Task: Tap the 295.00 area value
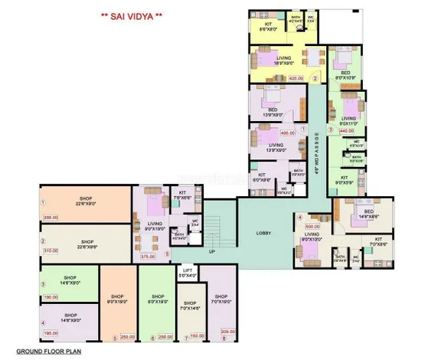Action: point(51,218)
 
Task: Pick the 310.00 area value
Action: point(51,250)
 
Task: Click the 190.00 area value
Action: point(51,297)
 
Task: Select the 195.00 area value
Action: point(51,333)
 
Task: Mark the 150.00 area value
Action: point(198,335)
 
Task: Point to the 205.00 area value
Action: point(228,331)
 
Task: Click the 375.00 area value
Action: point(149,257)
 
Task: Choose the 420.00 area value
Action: point(296,78)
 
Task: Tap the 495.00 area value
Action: point(288,133)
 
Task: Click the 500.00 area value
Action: point(312,227)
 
